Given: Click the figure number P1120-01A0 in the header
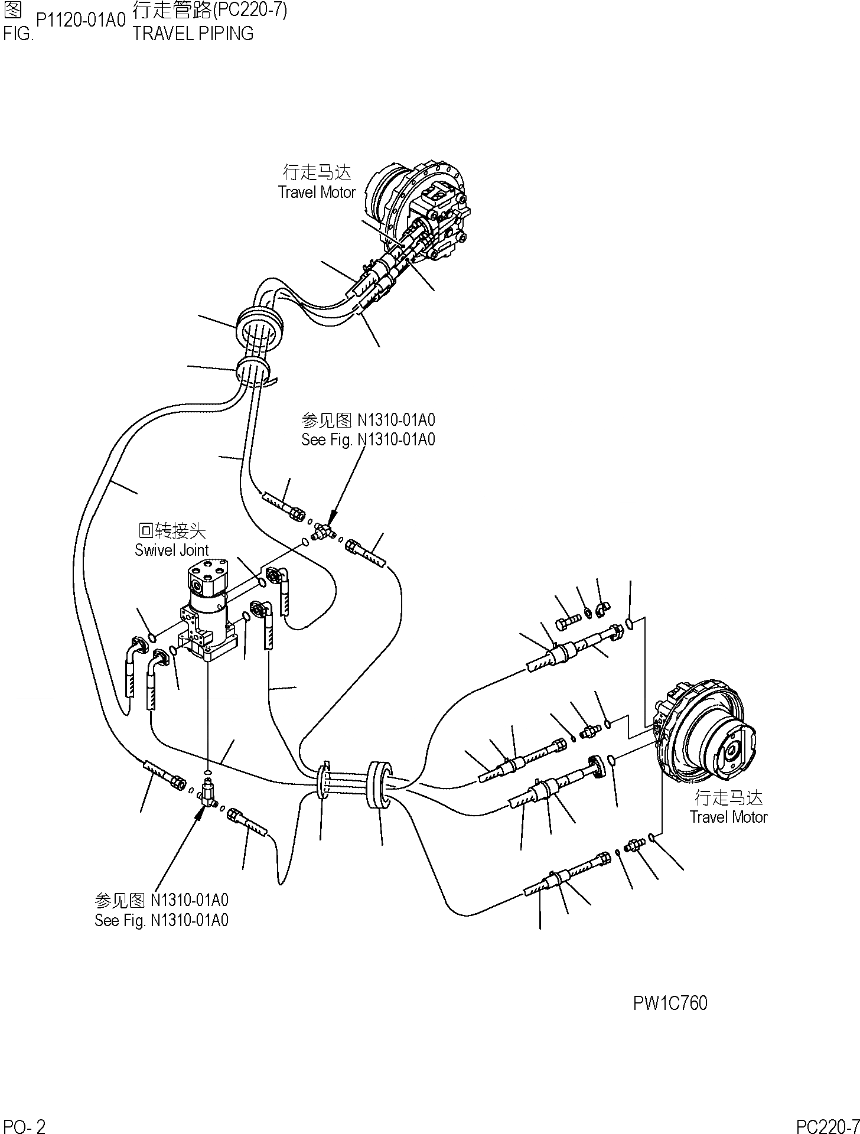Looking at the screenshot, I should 81,21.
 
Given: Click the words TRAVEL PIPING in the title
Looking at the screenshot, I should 193,34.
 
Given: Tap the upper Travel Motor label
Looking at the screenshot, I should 317,192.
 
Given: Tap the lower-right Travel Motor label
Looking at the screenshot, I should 728,817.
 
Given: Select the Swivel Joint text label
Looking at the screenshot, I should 171,550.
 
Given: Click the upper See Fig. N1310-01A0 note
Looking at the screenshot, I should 368,439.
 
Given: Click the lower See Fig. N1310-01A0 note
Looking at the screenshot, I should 161,920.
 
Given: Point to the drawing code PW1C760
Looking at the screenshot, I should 670,1003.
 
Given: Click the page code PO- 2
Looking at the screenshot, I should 24,1126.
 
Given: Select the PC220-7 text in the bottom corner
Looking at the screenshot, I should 827,1126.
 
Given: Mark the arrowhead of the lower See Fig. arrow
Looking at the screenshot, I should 201,811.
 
